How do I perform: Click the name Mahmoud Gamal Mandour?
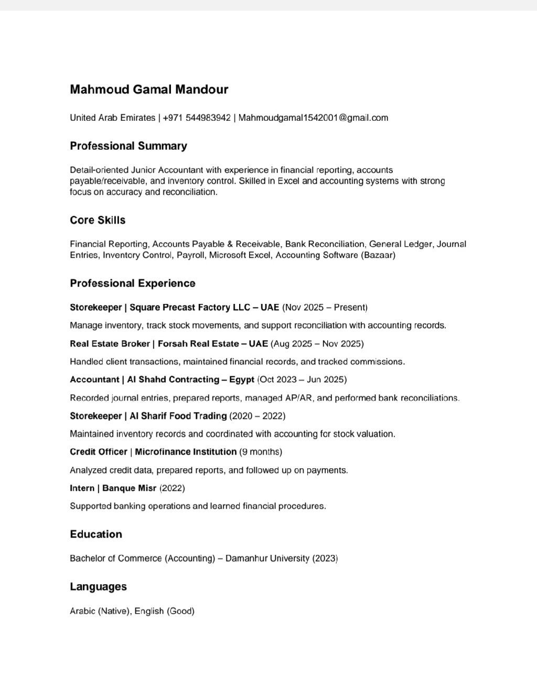click(x=149, y=89)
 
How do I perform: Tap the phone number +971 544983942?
click(x=197, y=118)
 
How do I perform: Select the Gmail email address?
click(x=313, y=118)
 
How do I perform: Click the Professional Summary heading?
click(x=128, y=146)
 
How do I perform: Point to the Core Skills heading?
click(x=98, y=220)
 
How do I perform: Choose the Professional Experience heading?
click(x=133, y=283)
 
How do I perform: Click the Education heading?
click(x=96, y=534)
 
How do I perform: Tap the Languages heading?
click(x=99, y=587)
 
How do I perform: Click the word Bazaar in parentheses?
click(x=378, y=255)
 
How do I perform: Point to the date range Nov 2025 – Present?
click(x=325, y=308)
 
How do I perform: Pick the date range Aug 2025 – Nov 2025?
click(x=317, y=344)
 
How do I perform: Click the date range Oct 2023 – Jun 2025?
click(x=302, y=380)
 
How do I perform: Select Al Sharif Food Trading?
click(x=178, y=416)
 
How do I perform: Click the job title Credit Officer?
click(x=98, y=452)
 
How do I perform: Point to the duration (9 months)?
click(x=261, y=452)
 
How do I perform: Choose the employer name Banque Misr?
click(x=129, y=488)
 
